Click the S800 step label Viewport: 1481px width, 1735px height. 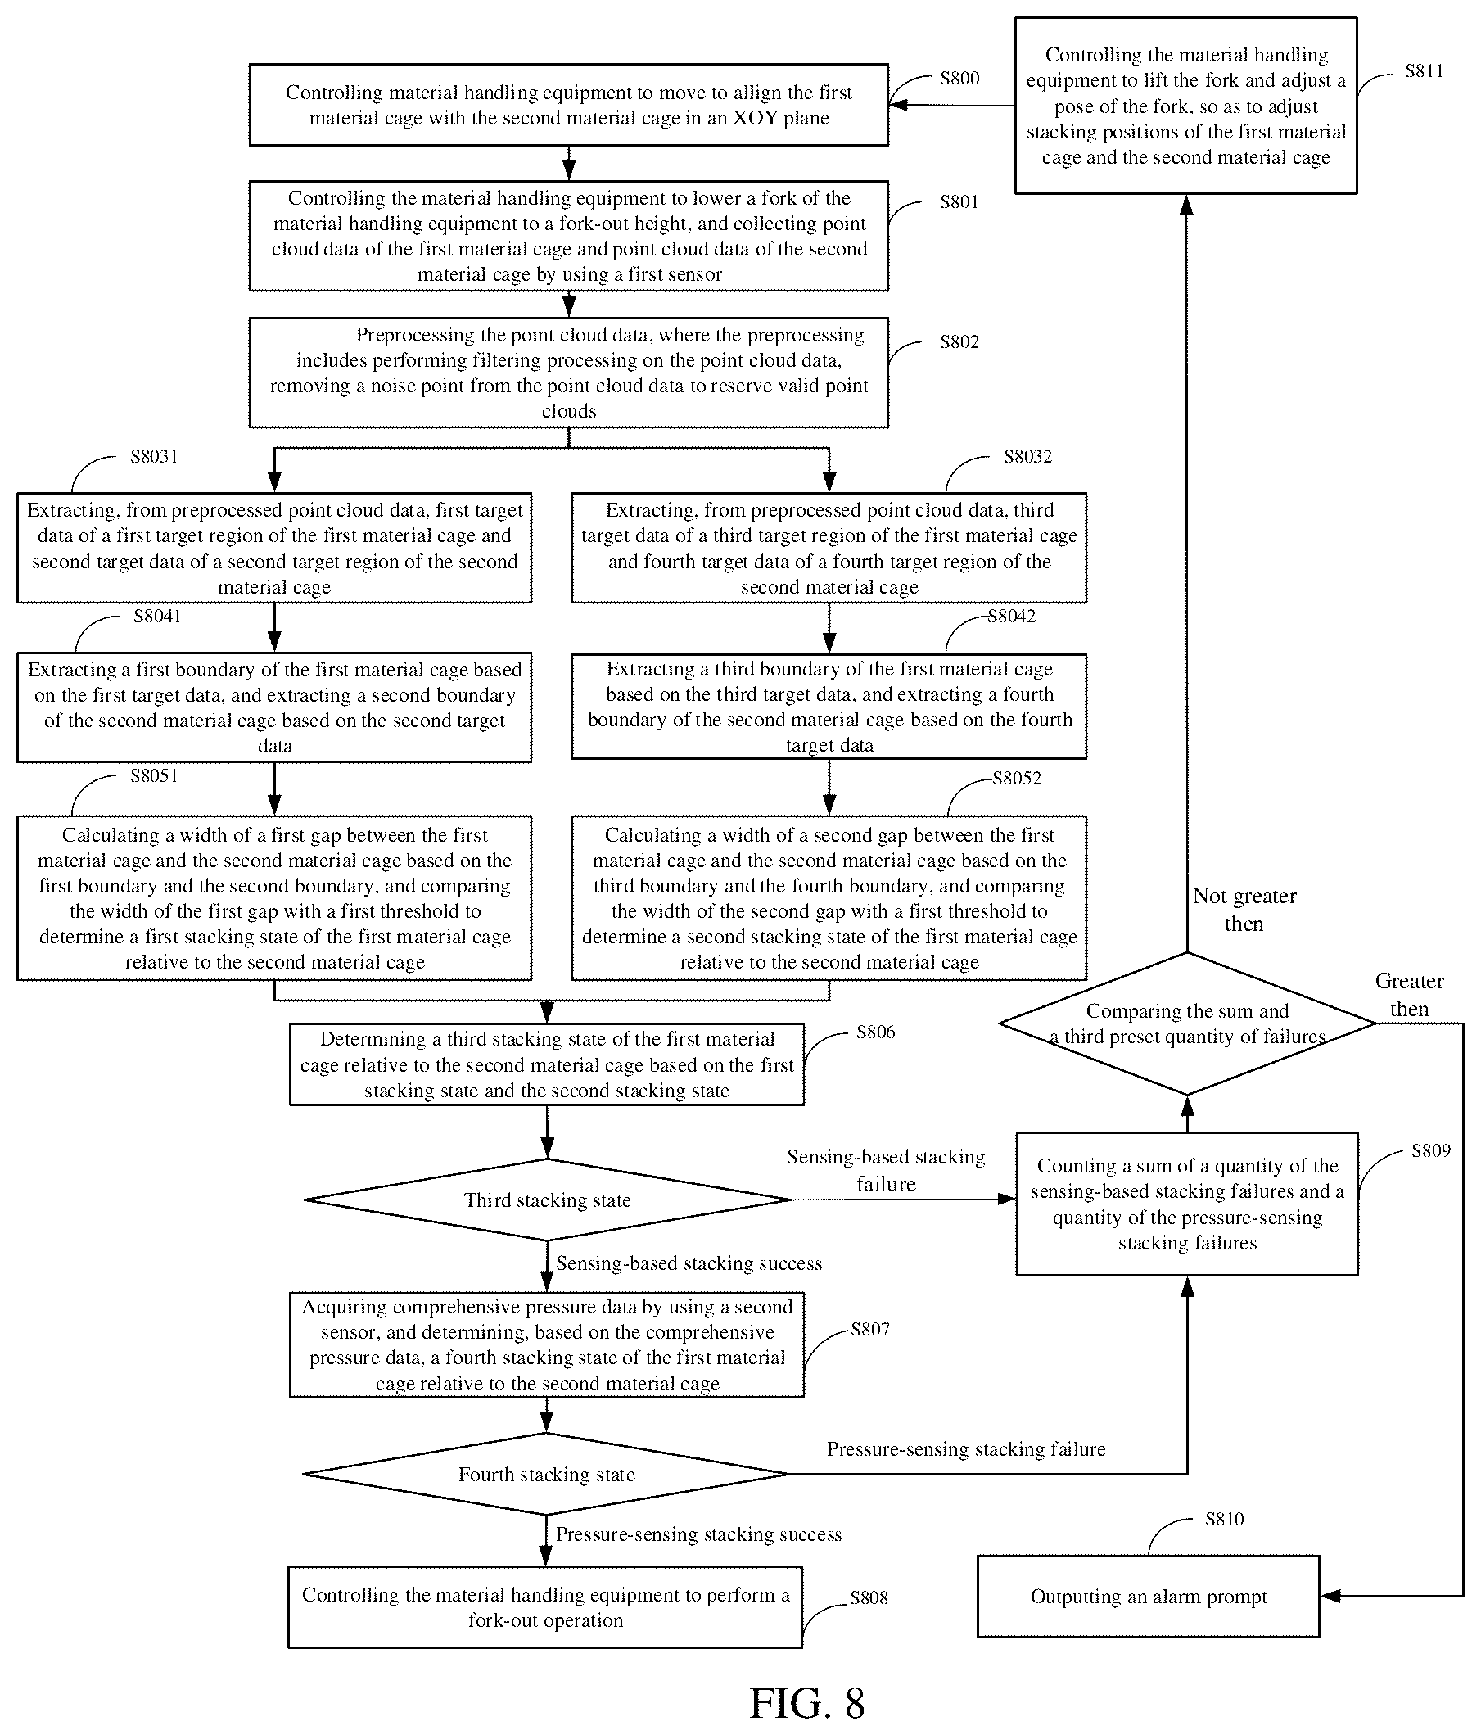tap(959, 78)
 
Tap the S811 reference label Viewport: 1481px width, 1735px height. tap(1424, 70)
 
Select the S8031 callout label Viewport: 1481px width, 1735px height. tap(154, 456)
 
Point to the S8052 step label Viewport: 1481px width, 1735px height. tap(1017, 778)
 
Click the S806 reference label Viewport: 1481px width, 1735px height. tap(876, 1032)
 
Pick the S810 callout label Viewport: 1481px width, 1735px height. tap(1224, 1519)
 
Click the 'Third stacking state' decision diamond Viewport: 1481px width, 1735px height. tap(548, 1200)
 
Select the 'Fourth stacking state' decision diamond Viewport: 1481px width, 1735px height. tap(546, 1474)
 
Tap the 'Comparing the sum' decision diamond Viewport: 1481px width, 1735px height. tap(1187, 1023)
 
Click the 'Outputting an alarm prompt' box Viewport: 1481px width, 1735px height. tap(1149, 1596)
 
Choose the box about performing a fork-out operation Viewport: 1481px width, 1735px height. tap(546, 1607)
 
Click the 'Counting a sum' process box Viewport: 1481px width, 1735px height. tap(1187, 1204)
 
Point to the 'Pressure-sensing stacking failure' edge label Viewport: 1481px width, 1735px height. tap(966, 1448)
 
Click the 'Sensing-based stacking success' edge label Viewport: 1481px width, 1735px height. tap(689, 1263)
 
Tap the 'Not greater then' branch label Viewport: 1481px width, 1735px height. tap(1244, 910)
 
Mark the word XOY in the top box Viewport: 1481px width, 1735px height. tap(761, 118)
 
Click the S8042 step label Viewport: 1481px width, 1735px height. tap(1011, 617)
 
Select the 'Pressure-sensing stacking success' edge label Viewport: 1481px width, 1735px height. tap(699, 1534)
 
